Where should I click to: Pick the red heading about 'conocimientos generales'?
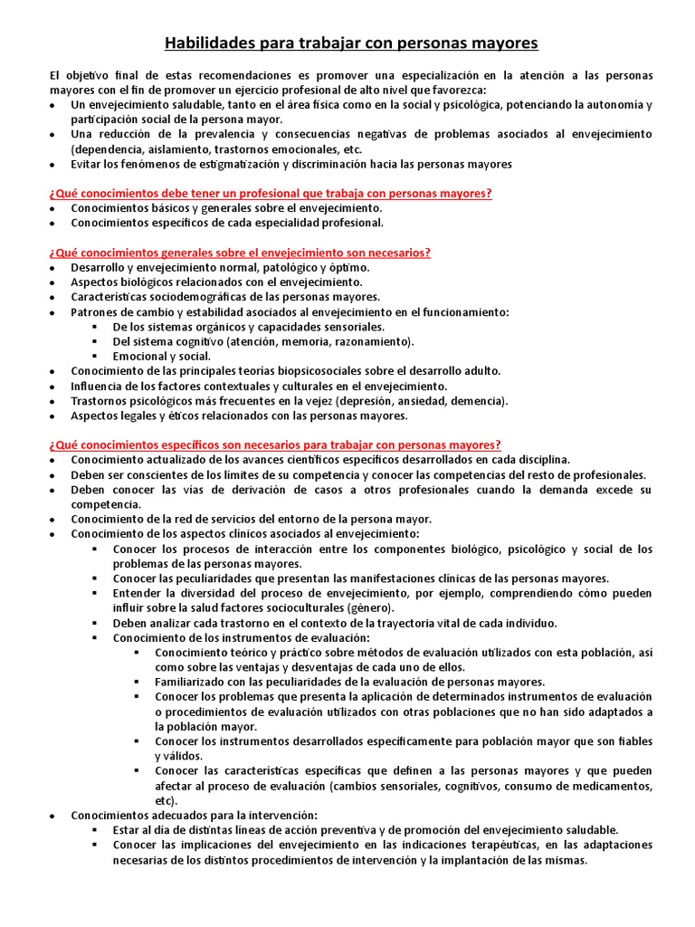[240, 253]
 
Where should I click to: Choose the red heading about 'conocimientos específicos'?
[275, 444]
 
